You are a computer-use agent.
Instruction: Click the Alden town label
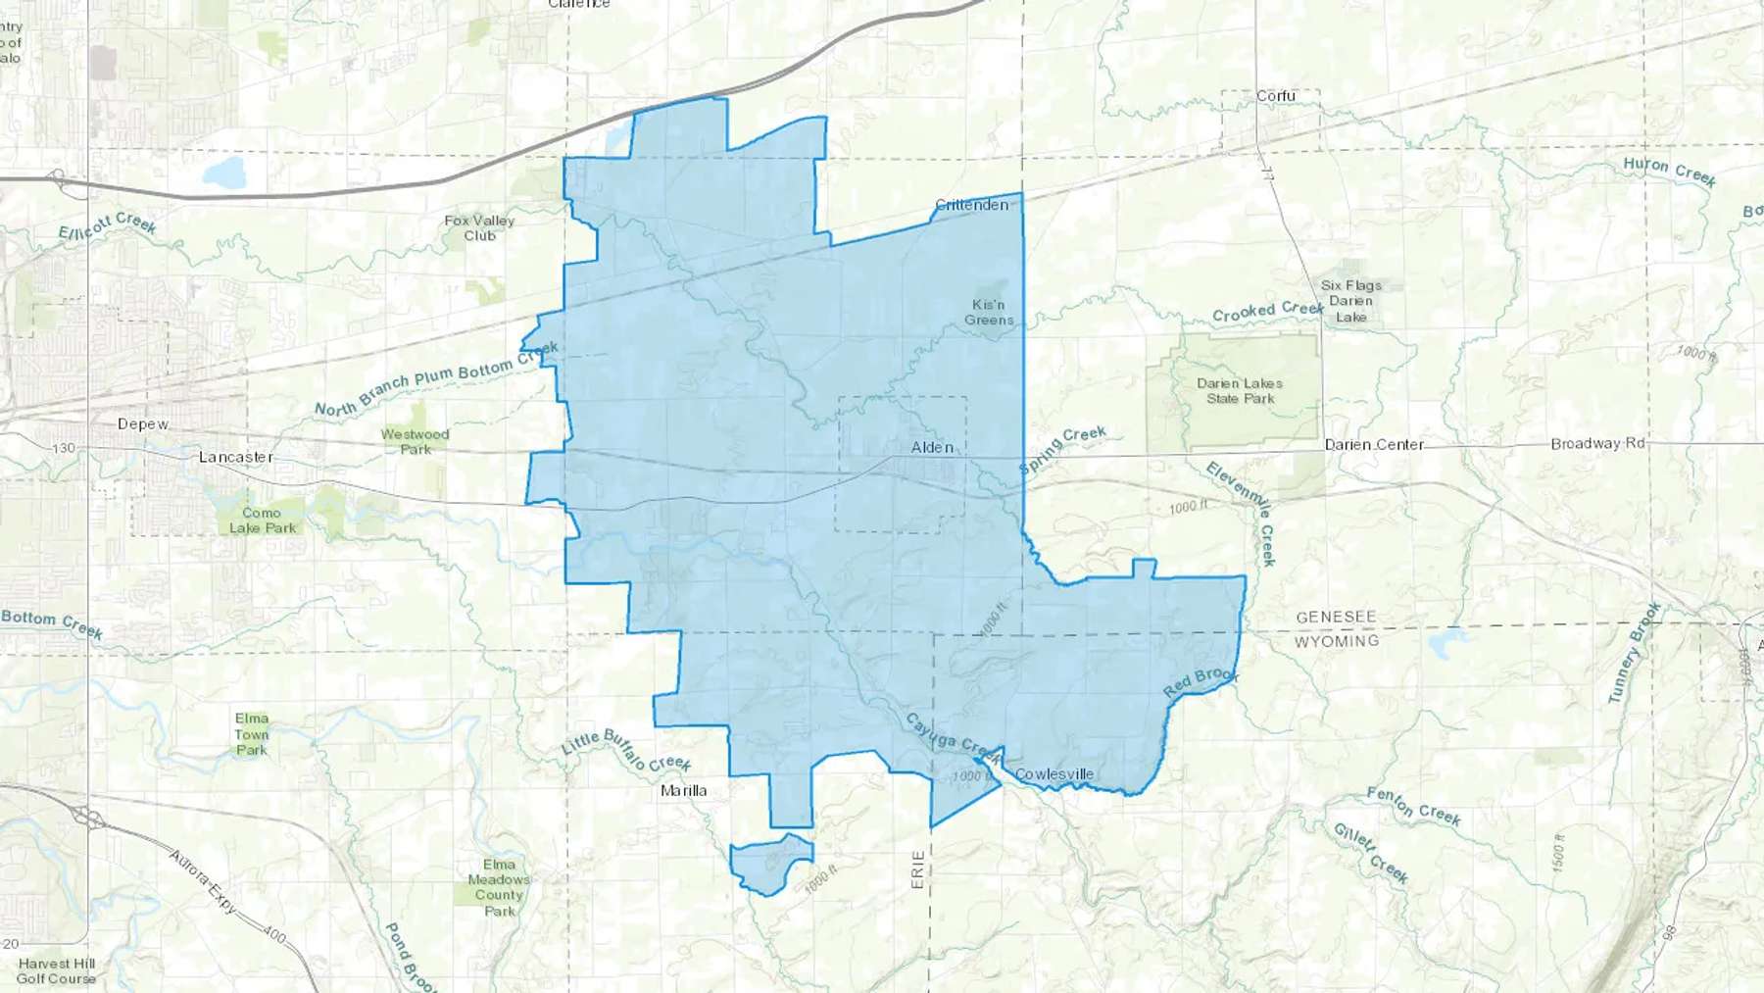click(931, 447)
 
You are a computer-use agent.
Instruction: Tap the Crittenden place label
click(971, 205)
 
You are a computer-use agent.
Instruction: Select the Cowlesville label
click(1053, 774)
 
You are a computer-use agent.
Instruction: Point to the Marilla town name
click(683, 790)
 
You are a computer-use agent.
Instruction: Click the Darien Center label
click(1374, 444)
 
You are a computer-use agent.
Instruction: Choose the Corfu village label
click(1275, 96)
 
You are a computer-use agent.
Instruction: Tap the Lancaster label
click(236, 457)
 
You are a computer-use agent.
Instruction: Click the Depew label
click(143, 424)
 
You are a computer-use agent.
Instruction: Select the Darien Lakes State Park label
click(1240, 391)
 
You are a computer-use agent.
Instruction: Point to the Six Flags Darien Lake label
click(1350, 301)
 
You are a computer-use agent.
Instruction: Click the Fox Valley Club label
click(479, 228)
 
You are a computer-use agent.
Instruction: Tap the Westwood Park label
click(416, 442)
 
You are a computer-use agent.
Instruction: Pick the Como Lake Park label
click(263, 521)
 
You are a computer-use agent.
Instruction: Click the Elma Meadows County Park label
click(499, 887)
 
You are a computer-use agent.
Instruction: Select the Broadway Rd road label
click(1597, 443)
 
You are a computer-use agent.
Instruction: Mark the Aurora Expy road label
click(204, 881)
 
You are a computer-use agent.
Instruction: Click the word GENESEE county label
click(1336, 617)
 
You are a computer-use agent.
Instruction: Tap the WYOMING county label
click(1336, 641)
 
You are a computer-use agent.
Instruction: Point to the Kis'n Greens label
click(989, 313)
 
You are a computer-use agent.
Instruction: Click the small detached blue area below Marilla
click(770, 863)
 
